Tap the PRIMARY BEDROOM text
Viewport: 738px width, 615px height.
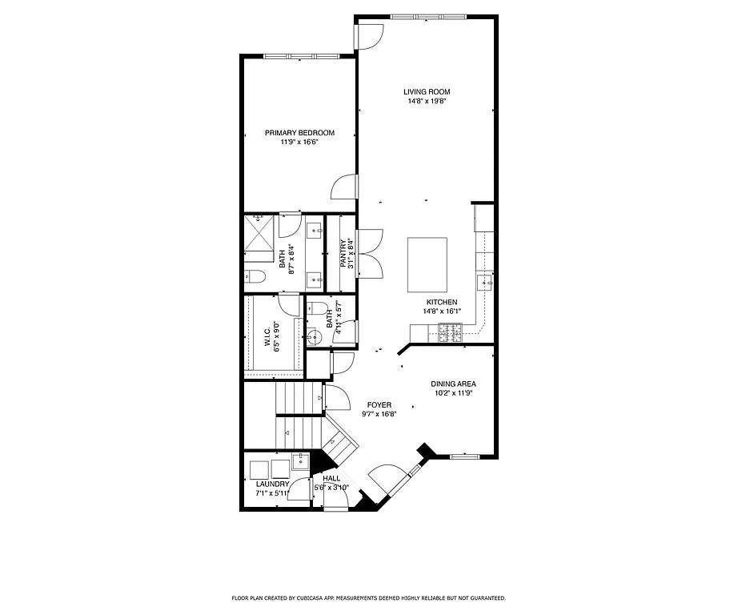click(x=299, y=133)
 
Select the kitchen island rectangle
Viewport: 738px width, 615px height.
click(x=428, y=265)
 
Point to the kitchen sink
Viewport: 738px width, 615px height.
click(x=484, y=281)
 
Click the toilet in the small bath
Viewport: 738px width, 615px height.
click(x=318, y=308)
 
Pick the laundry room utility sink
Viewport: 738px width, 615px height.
click(x=301, y=461)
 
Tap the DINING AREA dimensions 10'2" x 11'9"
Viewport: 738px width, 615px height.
click(x=454, y=393)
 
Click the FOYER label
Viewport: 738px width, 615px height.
click(x=379, y=405)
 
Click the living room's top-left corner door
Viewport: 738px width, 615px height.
click(x=370, y=34)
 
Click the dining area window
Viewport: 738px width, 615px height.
click(x=465, y=456)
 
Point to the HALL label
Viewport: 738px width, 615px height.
click(x=331, y=478)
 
